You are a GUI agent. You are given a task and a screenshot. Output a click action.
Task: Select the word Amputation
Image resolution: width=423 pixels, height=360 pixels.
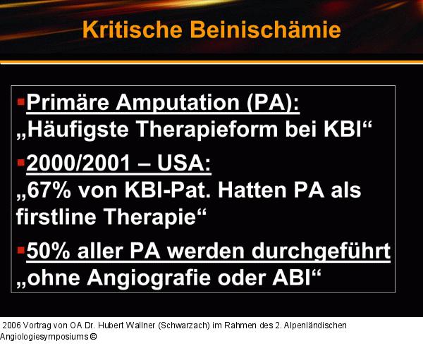point(172,104)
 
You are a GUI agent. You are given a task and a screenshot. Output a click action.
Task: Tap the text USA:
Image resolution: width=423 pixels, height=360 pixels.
point(185,165)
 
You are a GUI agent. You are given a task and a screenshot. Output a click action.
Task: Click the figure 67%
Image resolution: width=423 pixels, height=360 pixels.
point(50,191)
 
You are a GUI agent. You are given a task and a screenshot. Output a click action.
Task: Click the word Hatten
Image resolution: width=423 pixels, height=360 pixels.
point(249,191)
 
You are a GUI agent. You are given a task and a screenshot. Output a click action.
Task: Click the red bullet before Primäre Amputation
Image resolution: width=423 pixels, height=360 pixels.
point(20,102)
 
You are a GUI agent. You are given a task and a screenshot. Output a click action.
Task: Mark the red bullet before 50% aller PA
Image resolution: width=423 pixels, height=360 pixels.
point(20,249)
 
